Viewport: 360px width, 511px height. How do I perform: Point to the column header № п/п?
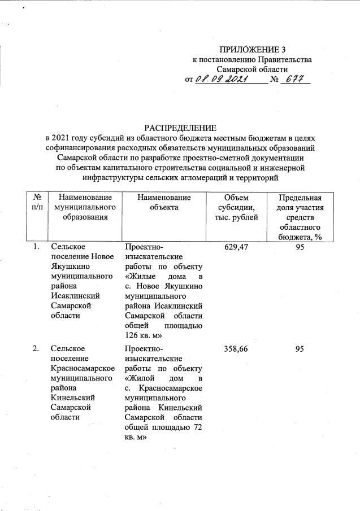36,202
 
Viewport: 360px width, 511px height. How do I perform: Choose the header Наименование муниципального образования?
85,207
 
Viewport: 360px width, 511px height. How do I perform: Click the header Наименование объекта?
163,202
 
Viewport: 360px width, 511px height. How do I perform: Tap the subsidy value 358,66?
237,350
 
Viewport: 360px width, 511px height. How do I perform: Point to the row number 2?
36,350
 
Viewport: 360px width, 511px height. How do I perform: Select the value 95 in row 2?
300,350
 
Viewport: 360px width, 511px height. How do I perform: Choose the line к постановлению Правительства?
252,59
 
